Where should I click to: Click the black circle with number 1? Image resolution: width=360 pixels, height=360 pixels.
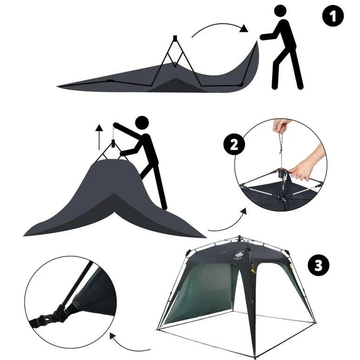[333, 16]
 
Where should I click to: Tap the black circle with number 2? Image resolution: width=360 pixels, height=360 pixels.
[234, 145]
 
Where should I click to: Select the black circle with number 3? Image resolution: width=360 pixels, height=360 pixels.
[319, 266]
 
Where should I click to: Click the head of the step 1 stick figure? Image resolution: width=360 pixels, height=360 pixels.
[280, 11]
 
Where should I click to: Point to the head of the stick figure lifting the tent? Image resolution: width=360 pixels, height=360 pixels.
[142, 123]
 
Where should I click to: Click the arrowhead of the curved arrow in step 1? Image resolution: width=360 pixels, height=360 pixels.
[244, 28]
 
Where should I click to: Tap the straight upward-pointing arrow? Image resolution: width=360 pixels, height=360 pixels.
[99, 137]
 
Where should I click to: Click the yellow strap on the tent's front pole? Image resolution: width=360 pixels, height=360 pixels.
[253, 269]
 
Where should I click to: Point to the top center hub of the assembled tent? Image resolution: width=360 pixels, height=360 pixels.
[240, 237]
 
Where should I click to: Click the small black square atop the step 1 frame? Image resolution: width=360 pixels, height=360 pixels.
[175, 38]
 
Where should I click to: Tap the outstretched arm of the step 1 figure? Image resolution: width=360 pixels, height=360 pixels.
[269, 37]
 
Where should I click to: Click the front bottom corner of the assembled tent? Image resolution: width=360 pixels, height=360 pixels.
[255, 357]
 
